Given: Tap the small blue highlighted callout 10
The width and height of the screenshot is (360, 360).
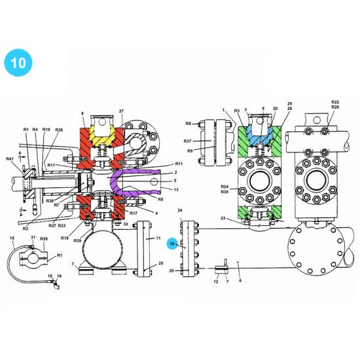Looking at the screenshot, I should (x=172, y=243).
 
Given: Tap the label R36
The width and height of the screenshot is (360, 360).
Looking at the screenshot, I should (x=59, y=130).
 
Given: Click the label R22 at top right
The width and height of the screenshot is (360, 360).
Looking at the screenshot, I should (x=335, y=103).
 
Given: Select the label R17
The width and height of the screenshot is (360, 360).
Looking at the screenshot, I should (x=133, y=213).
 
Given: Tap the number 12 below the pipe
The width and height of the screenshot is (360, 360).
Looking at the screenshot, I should (x=216, y=281).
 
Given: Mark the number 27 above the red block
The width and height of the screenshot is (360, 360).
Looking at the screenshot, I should (x=121, y=112).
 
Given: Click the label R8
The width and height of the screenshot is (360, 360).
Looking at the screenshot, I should (x=188, y=123).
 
